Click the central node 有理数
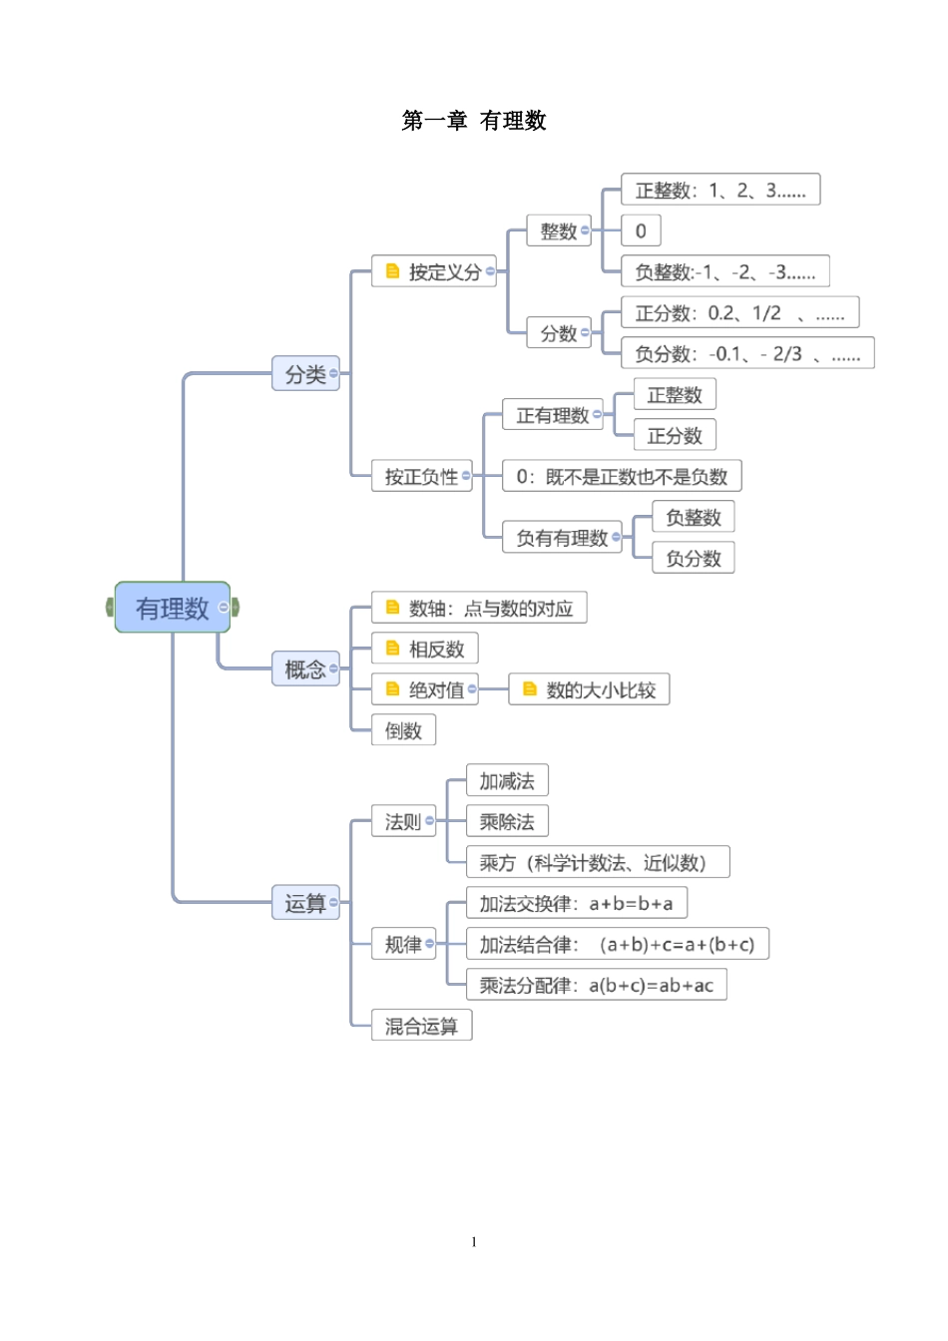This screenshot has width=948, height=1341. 172,608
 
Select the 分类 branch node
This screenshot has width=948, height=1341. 305,374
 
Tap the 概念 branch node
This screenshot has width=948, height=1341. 305,670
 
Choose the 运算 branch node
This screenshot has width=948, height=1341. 305,903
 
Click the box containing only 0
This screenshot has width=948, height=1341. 641,230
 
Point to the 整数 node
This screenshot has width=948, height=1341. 558,231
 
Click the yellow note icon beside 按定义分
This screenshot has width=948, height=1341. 392,271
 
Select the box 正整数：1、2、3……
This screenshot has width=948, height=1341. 719,190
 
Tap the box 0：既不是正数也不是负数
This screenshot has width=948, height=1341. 621,476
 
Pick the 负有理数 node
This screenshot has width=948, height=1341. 561,538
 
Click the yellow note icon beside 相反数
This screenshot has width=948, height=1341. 392,649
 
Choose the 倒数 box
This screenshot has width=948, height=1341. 403,730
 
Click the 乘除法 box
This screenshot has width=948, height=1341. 507,821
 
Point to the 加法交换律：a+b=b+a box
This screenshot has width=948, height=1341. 576,903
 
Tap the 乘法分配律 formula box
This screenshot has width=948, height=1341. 596,985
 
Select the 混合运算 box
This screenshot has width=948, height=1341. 420,1026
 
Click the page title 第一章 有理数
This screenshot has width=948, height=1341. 474,121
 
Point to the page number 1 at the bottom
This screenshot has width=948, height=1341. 474,1242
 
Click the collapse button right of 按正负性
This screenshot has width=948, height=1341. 466,476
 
